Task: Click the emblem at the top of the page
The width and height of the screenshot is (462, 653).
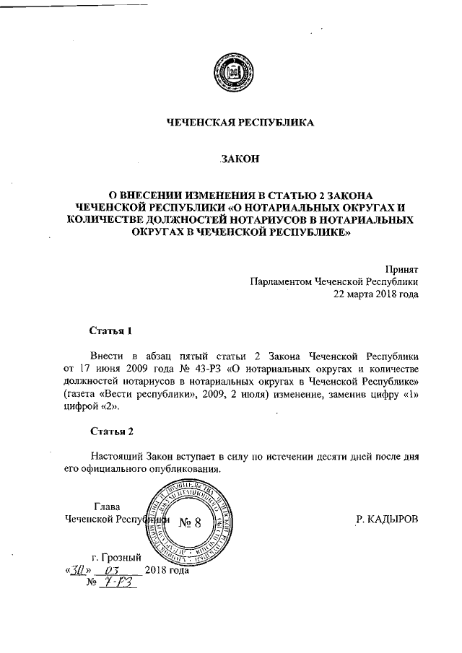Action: [x=231, y=74]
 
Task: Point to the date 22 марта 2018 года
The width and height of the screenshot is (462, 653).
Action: [x=375, y=294]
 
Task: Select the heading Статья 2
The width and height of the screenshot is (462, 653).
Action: [x=112, y=431]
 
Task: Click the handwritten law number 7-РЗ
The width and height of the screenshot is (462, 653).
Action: [x=119, y=583]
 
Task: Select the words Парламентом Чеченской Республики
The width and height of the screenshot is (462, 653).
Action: [x=334, y=281]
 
